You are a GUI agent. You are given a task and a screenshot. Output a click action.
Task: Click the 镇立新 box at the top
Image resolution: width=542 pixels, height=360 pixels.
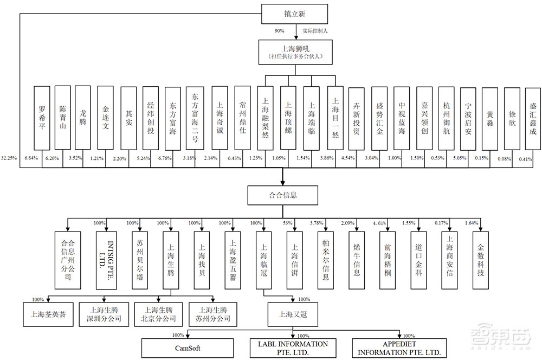(x=295, y=14)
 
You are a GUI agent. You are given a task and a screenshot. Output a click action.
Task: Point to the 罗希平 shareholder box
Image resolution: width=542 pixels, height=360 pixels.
(x=42, y=118)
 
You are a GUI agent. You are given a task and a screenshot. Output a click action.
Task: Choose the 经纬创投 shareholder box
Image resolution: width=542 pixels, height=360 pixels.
(x=151, y=118)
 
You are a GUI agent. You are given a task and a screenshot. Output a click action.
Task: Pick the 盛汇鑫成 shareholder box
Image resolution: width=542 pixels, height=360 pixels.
(x=533, y=118)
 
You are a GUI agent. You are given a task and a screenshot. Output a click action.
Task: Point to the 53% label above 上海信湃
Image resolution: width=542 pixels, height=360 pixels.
(x=287, y=223)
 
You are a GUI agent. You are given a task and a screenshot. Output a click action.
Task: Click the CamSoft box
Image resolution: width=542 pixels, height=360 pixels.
(x=187, y=348)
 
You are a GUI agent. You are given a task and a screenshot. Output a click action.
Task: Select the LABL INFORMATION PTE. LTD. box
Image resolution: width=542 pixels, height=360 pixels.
(x=293, y=348)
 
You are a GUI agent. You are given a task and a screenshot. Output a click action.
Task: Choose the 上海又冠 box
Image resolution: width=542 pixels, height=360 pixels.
(x=293, y=314)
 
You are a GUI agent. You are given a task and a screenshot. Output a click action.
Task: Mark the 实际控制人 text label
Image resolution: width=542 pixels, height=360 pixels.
(x=315, y=30)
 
